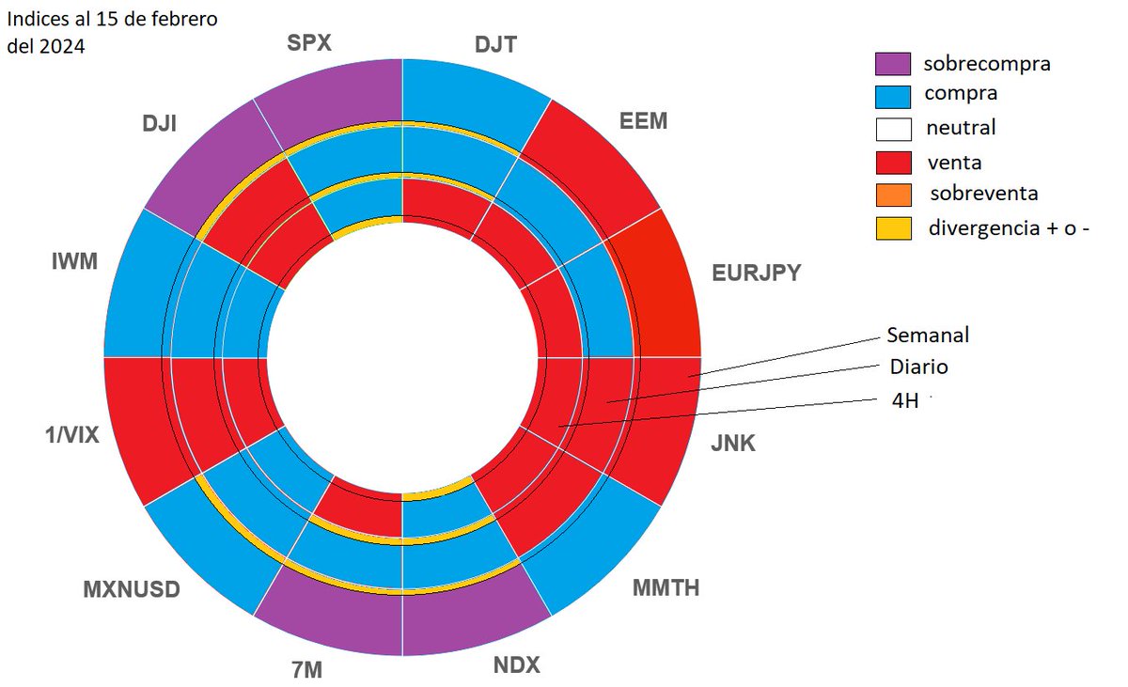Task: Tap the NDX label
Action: click(517, 664)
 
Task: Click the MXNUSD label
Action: click(132, 590)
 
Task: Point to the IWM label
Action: click(75, 260)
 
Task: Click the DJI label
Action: click(163, 123)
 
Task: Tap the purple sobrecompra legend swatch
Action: click(893, 64)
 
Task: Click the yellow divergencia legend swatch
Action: click(893, 227)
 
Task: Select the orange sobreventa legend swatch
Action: click(893, 195)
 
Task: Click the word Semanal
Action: click(928, 335)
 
